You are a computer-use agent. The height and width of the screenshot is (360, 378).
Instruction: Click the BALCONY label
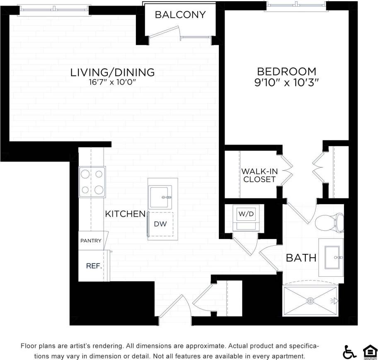pyautogui.click(x=180, y=14)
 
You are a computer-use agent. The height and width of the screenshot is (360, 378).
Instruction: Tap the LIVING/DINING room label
pyautogui.click(x=112, y=72)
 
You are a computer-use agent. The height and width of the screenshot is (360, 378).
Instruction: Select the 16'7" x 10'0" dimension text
pyautogui.click(x=112, y=82)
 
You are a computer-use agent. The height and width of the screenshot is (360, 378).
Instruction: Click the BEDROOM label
pyautogui.click(x=286, y=71)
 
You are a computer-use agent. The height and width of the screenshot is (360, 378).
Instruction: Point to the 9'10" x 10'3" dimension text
pyautogui.click(x=286, y=82)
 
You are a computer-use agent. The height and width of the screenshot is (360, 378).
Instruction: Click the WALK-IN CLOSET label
pyautogui.click(x=259, y=175)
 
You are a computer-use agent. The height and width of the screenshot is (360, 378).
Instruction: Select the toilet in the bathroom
pyautogui.click(x=330, y=223)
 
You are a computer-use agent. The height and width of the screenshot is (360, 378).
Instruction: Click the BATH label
pyautogui.click(x=301, y=258)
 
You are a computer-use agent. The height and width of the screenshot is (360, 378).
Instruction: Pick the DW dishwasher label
pyautogui.click(x=160, y=224)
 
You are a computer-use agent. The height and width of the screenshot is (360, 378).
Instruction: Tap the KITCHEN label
pyautogui.click(x=125, y=214)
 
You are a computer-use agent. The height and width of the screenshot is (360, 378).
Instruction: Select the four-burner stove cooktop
pyautogui.click(x=92, y=182)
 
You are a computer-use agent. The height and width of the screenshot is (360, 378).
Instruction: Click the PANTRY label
pyautogui.click(x=91, y=241)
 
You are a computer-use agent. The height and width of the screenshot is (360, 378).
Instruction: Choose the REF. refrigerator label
pyautogui.click(x=94, y=266)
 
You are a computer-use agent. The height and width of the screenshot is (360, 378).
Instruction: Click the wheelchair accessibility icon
pyautogui.click(x=349, y=352)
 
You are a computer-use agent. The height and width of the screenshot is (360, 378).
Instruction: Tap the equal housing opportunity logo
pyautogui.click(x=370, y=352)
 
